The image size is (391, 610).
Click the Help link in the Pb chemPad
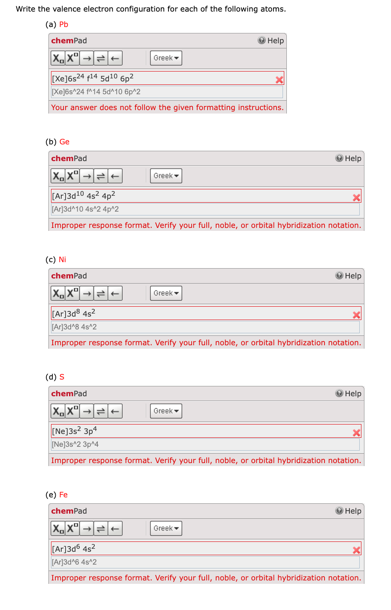271,41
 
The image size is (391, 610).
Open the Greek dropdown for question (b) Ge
166,176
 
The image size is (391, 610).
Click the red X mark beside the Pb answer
279,80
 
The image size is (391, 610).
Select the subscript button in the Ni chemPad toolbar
58,293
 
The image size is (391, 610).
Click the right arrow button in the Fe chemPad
87,529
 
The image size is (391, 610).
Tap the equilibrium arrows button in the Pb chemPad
101,58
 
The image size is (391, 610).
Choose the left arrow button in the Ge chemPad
115,176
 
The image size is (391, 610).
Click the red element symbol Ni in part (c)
63,260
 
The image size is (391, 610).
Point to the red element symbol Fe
63,495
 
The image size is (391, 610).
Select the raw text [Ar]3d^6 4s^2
75,562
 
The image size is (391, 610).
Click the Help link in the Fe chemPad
349,511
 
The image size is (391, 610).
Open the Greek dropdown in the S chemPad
166,411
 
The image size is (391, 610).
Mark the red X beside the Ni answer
356,315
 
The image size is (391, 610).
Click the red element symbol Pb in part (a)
64,24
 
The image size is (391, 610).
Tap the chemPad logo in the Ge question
69,158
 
